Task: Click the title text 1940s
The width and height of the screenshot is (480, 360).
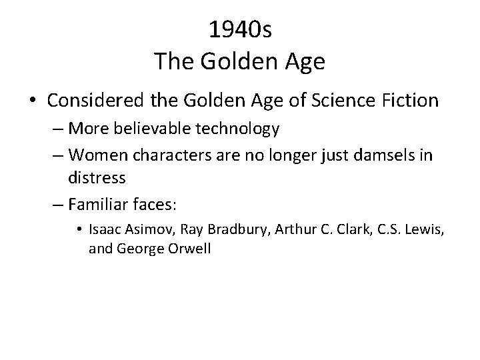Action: coord(239,29)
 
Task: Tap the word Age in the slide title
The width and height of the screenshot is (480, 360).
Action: coord(304,61)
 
